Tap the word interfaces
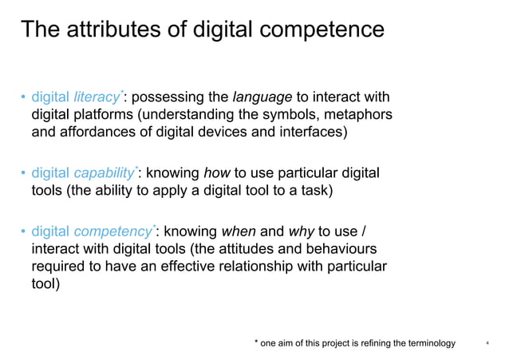pos(312,133)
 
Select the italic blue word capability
pos(104,172)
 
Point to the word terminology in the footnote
pos(428,343)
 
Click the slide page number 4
pos(487,344)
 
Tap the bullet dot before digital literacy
pos(23,98)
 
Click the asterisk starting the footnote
pos(256,342)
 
